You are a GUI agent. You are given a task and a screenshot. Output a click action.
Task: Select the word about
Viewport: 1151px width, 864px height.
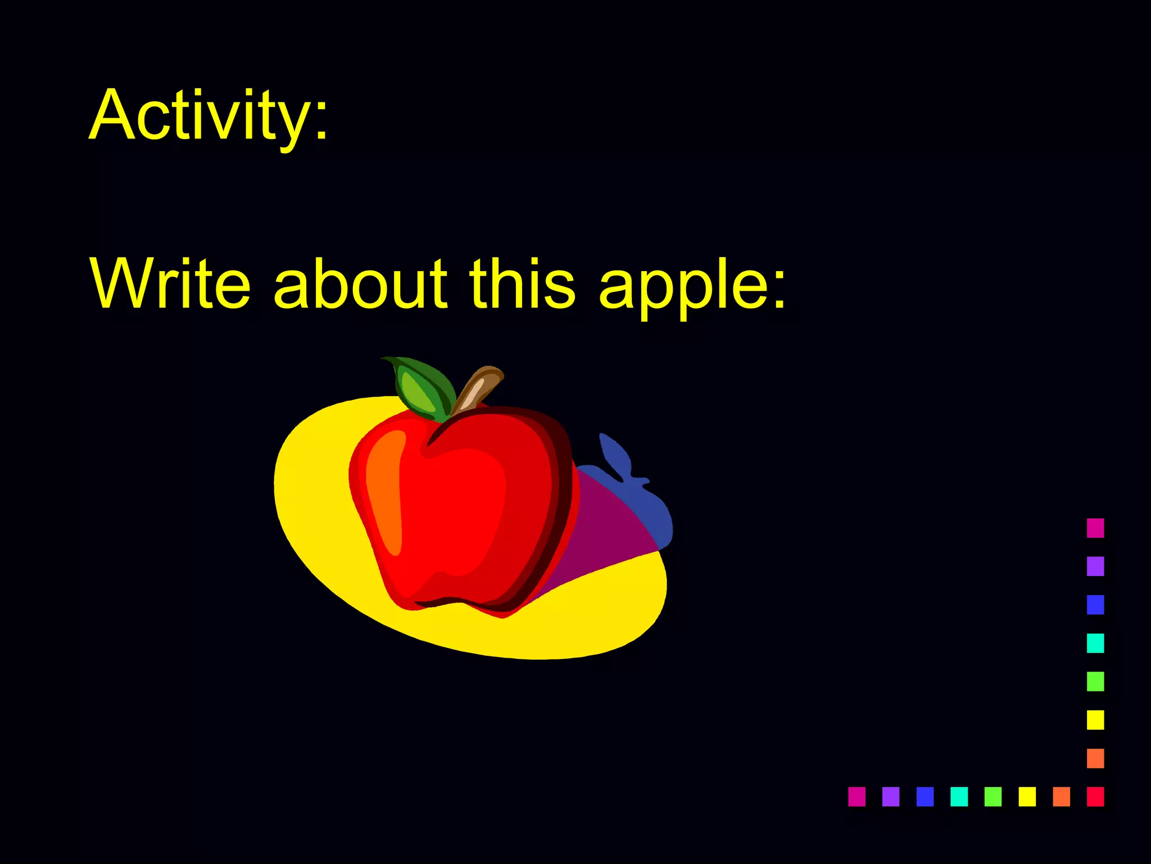click(x=360, y=284)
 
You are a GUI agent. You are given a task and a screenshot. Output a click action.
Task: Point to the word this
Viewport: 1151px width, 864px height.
click(x=523, y=284)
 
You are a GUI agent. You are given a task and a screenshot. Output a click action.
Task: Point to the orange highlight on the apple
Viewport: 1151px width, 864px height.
click(x=385, y=489)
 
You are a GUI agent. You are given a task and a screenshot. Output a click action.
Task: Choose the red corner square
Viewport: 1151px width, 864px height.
click(x=1095, y=796)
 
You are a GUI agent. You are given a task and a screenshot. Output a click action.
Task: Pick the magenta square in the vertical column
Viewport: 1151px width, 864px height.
click(x=1095, y=528)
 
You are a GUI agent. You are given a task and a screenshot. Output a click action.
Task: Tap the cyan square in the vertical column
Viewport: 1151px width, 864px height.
click(x=1095, y=643)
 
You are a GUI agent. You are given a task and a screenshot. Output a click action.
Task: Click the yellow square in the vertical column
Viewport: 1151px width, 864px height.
click(x=1095, y=719)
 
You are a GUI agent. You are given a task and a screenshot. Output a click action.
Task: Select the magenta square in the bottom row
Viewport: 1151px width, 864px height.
click(x=857, y=796)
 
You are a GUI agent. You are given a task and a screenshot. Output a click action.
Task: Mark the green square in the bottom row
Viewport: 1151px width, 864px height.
click(x=993, y=796)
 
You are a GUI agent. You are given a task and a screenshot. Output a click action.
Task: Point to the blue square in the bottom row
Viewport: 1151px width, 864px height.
click(x=925, y=796)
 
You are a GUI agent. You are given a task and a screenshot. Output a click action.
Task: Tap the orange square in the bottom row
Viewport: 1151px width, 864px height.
click(x=1061, y=796)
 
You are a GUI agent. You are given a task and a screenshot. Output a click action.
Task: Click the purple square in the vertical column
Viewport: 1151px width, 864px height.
click(x=1095, y=566)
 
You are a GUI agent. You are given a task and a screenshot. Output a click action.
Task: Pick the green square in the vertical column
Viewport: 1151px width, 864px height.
click(x=1095, y=681)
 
